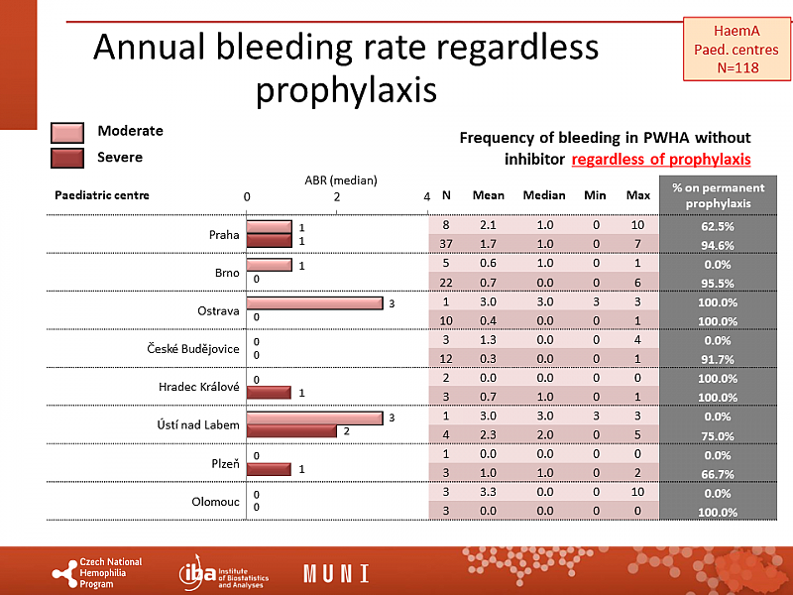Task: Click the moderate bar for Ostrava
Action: (x=314, y=302)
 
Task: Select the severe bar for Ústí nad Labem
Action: (x=291, y=431)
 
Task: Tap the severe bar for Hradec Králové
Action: (x=269, y=393)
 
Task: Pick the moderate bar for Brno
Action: (x=269, y=265)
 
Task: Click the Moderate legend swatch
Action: (x=71, y=133)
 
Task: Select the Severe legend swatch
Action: (x=71, y=157)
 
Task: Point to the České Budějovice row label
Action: (x=193, y=349)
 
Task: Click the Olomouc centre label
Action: (x=215, y=502)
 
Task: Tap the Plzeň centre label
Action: (x=222, y=463)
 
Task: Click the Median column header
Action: (x=544, y=195)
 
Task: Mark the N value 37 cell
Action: (x=446, y=245)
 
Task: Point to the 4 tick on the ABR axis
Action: (x=426, y=196)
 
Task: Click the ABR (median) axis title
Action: (x=340, y=180)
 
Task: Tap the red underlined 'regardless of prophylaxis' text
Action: (x=660, y=159)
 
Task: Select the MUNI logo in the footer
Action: (x=336, y=573)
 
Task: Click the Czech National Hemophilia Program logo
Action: (x=96, y=573)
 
